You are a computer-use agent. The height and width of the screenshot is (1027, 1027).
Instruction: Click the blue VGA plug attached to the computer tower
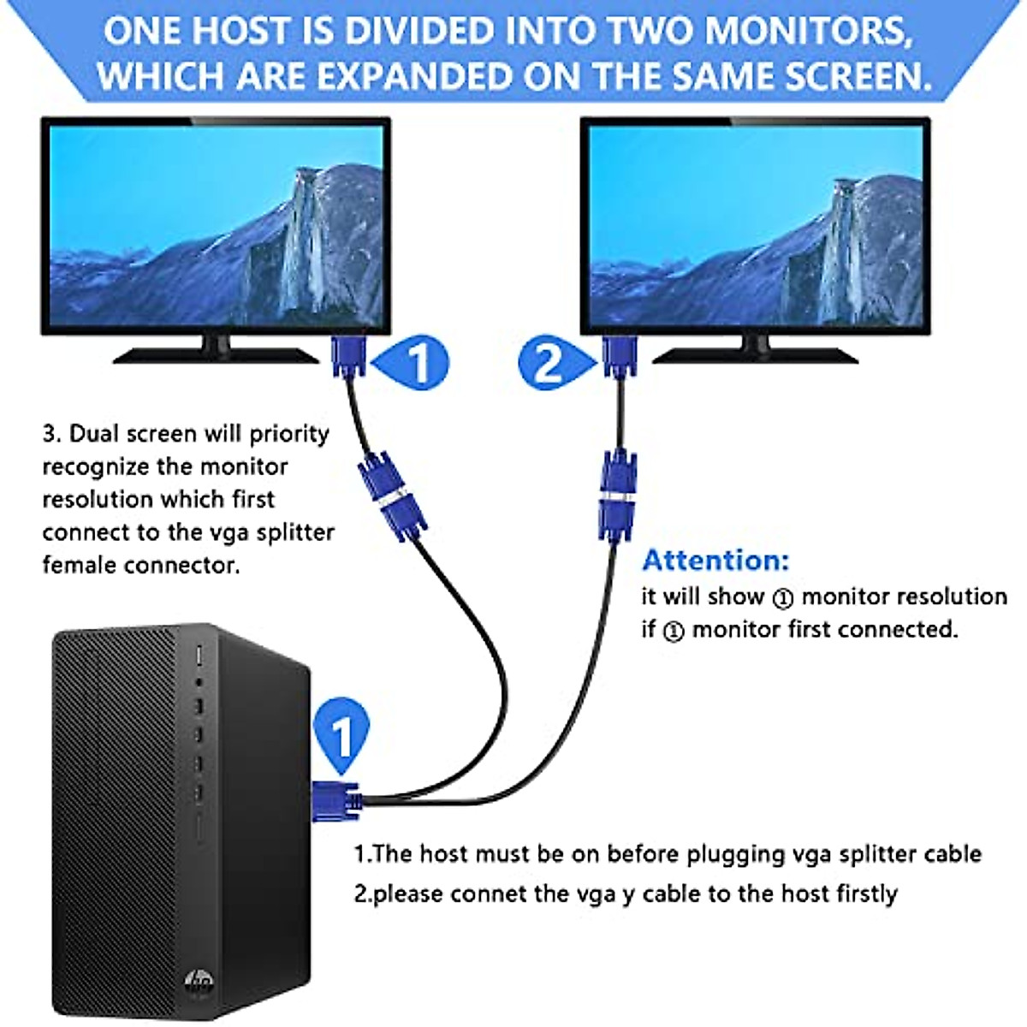[x=335, y=800]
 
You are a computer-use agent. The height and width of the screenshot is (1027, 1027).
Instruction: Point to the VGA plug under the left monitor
[x=349, y=355]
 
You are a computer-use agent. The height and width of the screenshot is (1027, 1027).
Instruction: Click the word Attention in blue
[x=715, y=561]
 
